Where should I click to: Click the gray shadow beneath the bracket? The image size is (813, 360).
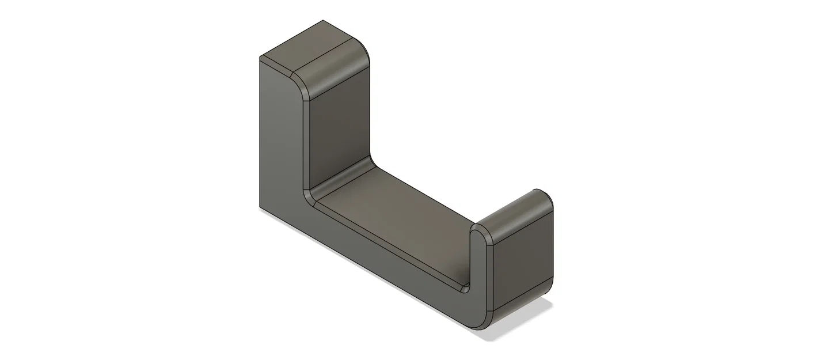click(518, 328)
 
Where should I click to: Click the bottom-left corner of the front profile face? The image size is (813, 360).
click(260, 208)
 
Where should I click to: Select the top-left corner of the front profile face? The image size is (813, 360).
click(260, 58)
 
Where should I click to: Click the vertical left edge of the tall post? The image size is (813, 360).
click(260, 132)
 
